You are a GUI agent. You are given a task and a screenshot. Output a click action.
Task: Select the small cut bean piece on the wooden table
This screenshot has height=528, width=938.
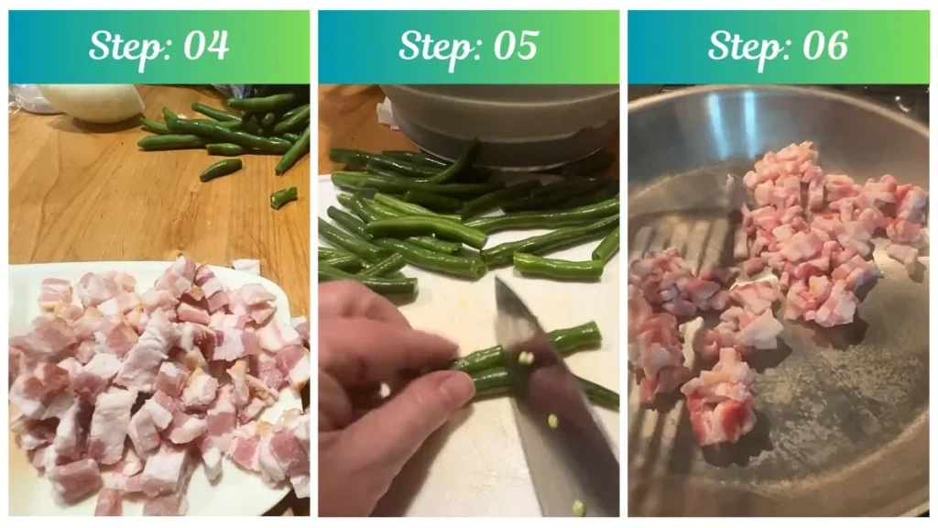283,196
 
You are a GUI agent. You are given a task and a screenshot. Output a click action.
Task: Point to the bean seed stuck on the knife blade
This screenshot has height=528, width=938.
526,358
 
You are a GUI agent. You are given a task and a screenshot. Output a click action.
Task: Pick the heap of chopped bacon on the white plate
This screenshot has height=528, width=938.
156,385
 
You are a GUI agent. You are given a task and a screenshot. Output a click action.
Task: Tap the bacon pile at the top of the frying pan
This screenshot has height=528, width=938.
824,229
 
